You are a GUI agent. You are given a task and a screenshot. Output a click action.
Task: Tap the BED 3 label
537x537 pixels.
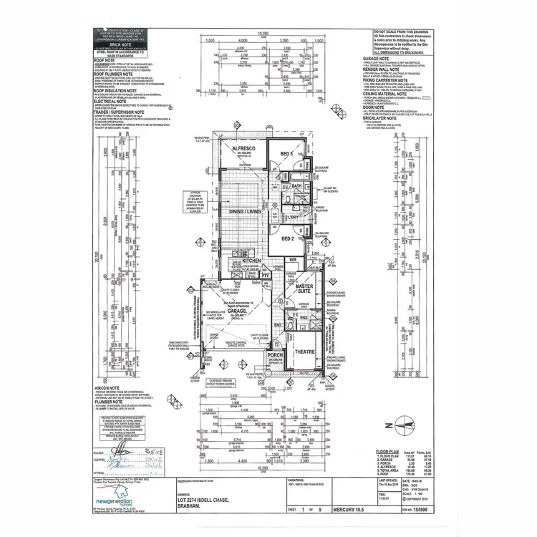[x=287, y=155]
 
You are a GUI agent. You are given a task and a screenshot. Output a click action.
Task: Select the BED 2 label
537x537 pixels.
[x=288, y=238]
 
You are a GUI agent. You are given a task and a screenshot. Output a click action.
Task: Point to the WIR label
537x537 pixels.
[x=293, y=259]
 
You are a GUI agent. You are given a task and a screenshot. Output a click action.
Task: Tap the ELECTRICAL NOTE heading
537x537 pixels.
[x=115, y=102]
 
